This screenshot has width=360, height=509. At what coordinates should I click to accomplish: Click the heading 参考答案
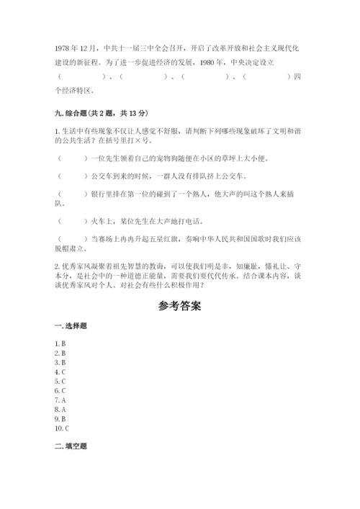tap(179, 305)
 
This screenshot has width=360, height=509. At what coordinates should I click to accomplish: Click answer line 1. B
tap(60, 344)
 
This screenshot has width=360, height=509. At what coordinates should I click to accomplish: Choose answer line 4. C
tap(60, 372)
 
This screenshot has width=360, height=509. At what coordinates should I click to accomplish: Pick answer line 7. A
tap(60, 400)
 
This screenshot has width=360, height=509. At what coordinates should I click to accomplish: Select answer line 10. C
tap(62, 428)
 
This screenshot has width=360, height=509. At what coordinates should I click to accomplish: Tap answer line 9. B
tap(60, 418)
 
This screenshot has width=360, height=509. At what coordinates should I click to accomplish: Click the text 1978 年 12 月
tap(76, 48)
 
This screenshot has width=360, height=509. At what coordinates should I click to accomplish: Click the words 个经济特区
tap(76, 91)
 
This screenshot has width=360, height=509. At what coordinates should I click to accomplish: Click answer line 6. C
tap(60, 390)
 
